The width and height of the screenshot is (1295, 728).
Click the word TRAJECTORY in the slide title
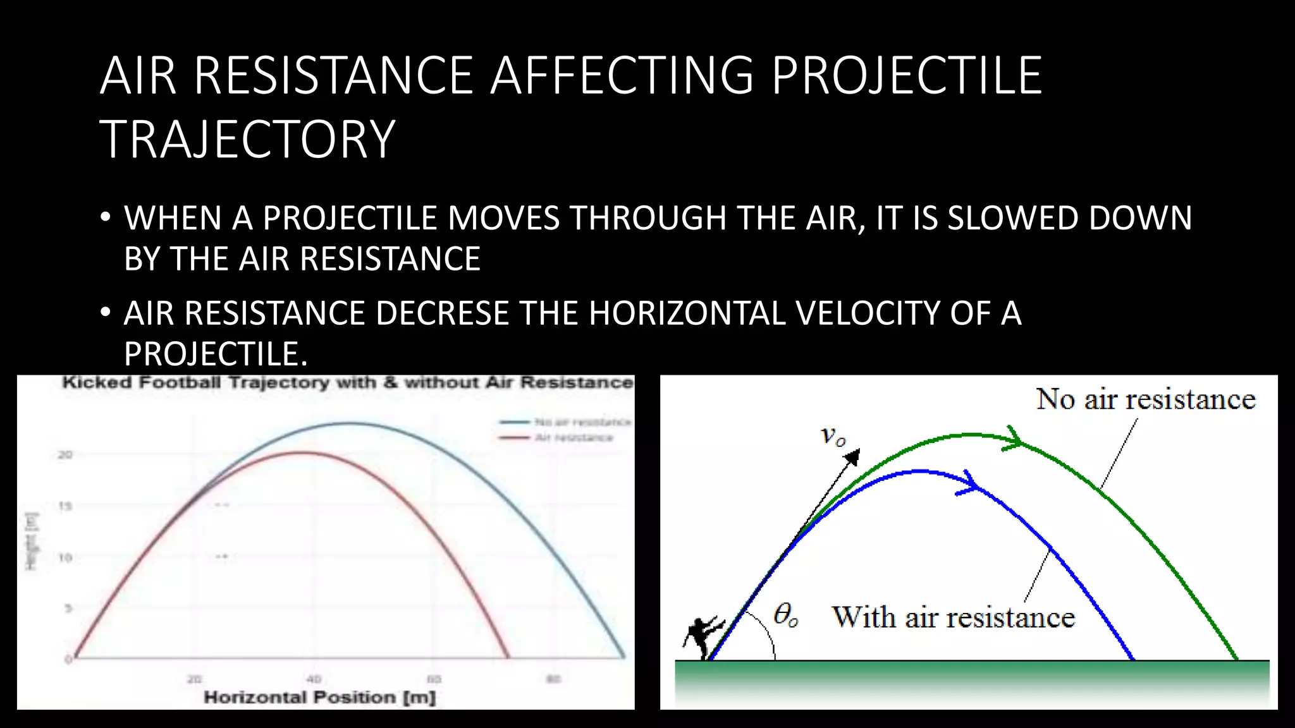(x=247, y=140)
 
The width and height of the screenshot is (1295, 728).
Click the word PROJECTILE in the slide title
(x=906, y=76)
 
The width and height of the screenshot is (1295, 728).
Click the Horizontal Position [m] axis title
(x=319, y=698)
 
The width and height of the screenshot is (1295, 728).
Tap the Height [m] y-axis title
(x=31, y=541)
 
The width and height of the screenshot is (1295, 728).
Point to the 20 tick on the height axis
(x=65, y=454)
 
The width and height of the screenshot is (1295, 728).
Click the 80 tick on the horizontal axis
(x=553, y=679)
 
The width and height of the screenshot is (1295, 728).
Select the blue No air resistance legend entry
(x=565, y=422)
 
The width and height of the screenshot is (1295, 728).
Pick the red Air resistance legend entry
(x=556, y=438)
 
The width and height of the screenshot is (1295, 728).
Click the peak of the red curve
(x=304, y=452)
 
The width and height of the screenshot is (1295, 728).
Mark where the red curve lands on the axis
(x=508, y=657)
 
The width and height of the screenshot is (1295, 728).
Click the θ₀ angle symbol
(x=785, y=614)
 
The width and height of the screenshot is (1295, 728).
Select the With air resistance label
(x=953, y=617)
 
